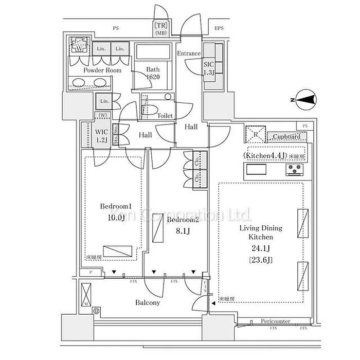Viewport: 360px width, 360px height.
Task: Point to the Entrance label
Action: click(x=189, y=53)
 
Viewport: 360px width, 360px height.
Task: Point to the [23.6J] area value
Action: click(x=261, y=260)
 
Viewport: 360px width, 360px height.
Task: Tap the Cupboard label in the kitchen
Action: click(x=286, y=137)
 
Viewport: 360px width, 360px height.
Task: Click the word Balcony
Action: click(x=148, y=302)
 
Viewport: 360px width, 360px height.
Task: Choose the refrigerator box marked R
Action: click(x=256, y=135)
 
